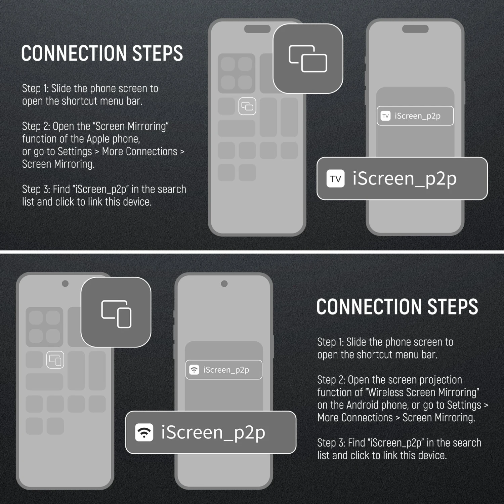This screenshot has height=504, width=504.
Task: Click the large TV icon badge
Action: (335, 178)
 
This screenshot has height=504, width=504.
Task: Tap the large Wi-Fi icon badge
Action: (144, 432)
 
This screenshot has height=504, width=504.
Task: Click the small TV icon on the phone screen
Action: (385, 116)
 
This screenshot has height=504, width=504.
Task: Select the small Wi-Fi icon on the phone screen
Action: (194, 370)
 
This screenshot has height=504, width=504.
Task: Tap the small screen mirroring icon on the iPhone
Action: (247, 107)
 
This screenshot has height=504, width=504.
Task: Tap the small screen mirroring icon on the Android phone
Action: (55, 360)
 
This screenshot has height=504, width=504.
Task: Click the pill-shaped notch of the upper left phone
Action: (257, 29)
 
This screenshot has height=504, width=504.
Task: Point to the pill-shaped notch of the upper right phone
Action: (415, 29)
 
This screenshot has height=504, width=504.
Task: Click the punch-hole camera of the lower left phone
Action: (65, 283)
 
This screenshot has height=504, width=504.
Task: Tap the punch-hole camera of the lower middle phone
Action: (224, 284)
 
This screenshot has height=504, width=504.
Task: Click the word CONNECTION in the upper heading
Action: (74, 53)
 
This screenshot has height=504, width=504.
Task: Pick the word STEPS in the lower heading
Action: (452, 307)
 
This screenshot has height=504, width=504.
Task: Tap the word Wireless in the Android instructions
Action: (385, 392)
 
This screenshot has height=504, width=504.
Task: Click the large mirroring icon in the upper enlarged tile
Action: (308, 58)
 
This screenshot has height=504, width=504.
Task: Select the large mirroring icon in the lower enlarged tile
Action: (116, 314)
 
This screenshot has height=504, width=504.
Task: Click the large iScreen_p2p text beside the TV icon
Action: (405, 178)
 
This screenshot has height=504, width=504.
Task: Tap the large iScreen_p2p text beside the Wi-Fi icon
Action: (213, 432)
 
